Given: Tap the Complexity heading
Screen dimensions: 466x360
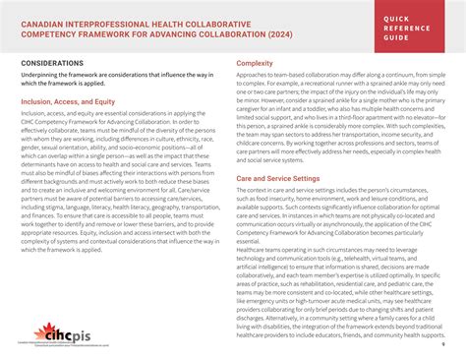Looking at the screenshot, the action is [x=255, y=64].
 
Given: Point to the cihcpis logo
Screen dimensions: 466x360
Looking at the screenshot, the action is [x=59, y=334].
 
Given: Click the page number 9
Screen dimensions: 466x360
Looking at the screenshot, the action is [x=443, y=345].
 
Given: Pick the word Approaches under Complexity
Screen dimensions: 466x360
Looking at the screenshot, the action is [x=258, y=77].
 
